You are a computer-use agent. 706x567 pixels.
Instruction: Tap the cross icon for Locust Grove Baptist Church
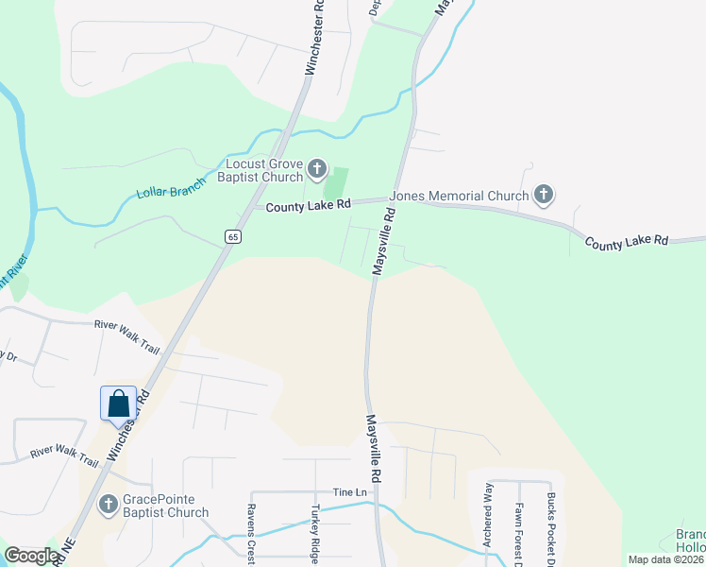point(317,170)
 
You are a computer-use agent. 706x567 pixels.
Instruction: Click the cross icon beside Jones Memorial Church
point(543,196)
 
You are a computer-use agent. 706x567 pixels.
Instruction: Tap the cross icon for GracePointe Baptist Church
point(108,505)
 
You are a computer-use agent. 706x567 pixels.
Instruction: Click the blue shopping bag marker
point(119,404)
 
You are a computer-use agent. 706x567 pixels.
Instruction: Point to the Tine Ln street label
point(348,492)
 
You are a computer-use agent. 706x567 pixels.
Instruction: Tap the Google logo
point(32,556)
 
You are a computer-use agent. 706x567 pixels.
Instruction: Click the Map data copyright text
point(666,559)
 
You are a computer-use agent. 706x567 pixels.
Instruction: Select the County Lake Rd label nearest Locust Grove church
point(308,204)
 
